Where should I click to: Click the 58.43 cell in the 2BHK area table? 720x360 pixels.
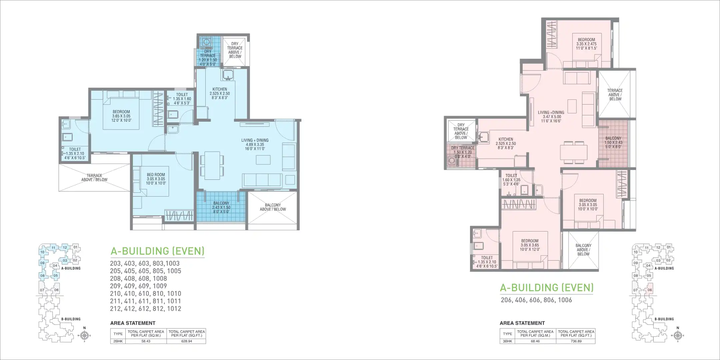tap(146, 341)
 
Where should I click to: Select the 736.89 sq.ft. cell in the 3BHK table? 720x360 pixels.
tap(576, 341)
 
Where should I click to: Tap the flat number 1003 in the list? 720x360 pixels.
tap(173, 263)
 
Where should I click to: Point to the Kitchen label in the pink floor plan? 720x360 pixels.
tap(506, 143)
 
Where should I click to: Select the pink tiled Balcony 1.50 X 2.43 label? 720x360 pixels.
tap(613, 142)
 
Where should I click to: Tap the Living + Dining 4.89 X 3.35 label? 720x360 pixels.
tap(255, 144)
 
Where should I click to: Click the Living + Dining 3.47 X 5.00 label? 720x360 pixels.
tap(551, 117)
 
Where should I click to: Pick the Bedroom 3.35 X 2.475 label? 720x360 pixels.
tap(586, 44)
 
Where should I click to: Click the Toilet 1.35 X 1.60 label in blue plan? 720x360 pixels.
tap(182, 99)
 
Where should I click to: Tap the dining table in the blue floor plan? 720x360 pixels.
tap(212, 165)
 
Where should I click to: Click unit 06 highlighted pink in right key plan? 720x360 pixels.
tap(649, 290)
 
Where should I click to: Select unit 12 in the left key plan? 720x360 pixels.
tap(65, 247)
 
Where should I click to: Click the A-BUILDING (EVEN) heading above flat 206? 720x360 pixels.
tap(547, 287)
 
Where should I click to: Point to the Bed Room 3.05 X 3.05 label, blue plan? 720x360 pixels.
tap(156, 179)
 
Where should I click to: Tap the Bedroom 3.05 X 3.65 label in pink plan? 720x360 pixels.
tap(530, 245)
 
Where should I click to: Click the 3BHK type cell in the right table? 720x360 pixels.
tap(507, 341)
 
